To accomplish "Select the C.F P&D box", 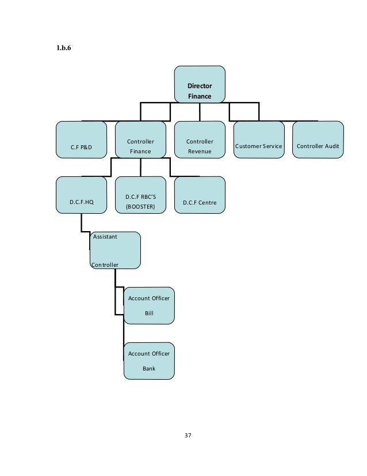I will point(81,139).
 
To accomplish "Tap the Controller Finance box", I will point(140,139).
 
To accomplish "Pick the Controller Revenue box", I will point(200,139).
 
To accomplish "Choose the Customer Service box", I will point(259,139).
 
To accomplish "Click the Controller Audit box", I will point(318,139).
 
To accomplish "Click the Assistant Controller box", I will point(115,250).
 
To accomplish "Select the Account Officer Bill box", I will point(149,305).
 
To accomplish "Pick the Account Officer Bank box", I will point(149,361).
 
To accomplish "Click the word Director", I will point(200,86).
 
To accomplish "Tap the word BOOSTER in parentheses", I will point(140,206).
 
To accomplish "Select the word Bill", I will point(149,313).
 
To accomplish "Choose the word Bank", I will point(149,369).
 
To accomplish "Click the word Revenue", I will point(200,152).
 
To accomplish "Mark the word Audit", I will point(331,146).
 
